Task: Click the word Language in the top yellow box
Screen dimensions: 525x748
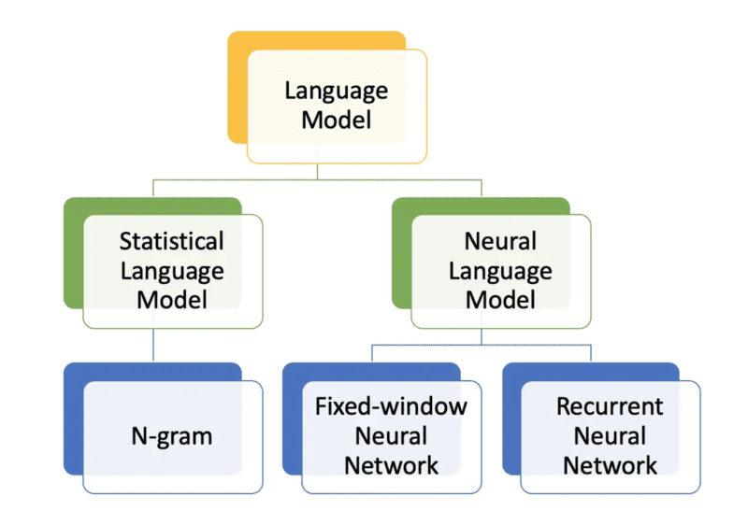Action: pos(336,92)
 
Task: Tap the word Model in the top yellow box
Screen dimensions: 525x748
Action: pos(336,120)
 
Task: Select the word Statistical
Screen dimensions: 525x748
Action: pos(171,241)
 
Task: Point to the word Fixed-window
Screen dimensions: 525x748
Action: pos(390,406)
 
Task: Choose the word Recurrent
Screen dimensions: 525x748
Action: pos(610,406)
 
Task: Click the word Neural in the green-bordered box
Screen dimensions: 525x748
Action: pos(500,241)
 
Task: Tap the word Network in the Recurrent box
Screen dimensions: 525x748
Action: pos(610,464)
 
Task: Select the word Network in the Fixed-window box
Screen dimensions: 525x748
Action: pos(390,464)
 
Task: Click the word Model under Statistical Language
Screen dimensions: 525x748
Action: pos(171,299)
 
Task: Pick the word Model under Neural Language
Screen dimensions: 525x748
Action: pos(500,299)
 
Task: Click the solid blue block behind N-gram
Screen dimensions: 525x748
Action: pos(73,420)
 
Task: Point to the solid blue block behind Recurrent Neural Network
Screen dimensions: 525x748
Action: pos(511,420)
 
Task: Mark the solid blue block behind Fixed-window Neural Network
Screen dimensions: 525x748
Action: pos(292,420)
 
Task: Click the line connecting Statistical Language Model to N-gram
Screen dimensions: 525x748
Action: pos(152,346)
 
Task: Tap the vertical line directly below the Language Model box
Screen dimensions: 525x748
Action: pos(317,170)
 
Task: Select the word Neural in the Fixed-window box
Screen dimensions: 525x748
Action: pos(390,435)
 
